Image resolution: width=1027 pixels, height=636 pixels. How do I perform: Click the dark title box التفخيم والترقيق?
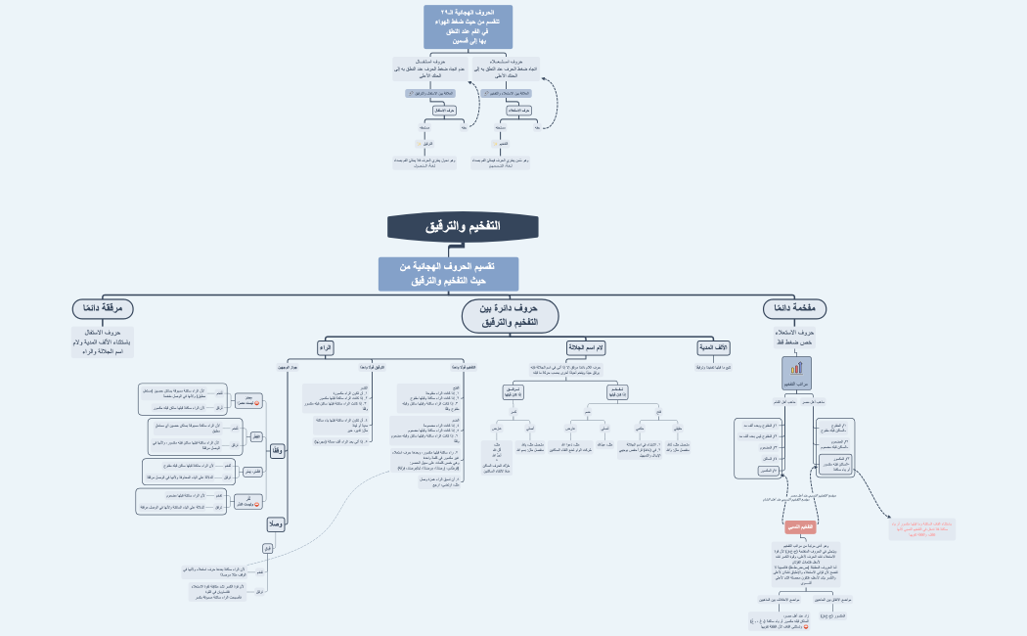[x=463, y=227]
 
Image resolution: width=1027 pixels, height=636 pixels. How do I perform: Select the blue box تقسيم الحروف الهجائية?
[x=449, y=274]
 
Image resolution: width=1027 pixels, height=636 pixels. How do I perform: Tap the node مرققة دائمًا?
[x=103, y=308]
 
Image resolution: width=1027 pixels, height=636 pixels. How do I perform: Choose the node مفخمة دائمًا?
[x=795, y=308]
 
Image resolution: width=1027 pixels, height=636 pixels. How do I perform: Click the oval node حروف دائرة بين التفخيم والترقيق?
[x=511, y=315]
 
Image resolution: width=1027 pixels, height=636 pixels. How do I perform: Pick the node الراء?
[x=326, y=347]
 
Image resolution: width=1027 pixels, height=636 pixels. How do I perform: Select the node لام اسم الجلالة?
[x=586, y=347]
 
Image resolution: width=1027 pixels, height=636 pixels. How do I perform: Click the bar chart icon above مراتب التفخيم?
[x=795, y=368]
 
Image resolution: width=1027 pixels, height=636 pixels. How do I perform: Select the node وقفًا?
[x=277, y=451]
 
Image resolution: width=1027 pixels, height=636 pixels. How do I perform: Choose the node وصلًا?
[x=276, y=523]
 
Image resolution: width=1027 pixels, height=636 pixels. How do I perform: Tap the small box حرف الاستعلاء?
[x=519, y=111]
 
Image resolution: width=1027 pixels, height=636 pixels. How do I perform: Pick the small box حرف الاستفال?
[x=445, y=111]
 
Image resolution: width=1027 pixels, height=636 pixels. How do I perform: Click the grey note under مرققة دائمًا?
[x=103, y=342]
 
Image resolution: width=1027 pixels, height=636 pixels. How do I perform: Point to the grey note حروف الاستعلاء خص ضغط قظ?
[x=795, y=338]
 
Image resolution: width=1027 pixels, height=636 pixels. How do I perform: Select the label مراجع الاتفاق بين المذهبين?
[x=832, y=599]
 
